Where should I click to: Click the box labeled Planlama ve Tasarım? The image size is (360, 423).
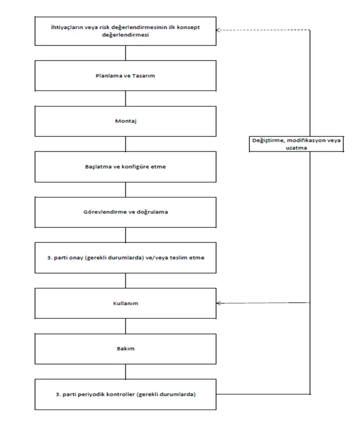tap(125, 76)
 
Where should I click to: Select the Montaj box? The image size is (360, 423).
tap(125, 121)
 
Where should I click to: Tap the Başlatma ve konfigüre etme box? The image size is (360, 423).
tap(125, 167)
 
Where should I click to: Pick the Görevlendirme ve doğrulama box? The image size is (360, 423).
tap(125, 212)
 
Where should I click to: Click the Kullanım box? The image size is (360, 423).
tap(125, 303)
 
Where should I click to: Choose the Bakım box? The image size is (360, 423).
tap(125, 349)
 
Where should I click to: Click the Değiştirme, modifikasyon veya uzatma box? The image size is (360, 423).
tap(297, 144)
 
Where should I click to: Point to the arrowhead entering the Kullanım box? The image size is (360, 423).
tap(219, 303)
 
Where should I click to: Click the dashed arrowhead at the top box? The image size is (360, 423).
tap(218, 30)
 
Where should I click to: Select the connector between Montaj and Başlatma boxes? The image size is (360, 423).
tap(126, 144)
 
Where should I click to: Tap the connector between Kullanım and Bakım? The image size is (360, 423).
tap(126, 326)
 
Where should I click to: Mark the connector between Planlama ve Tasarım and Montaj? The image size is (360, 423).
tap(126, 99)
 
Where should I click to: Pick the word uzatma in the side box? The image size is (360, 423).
tap(297, 148)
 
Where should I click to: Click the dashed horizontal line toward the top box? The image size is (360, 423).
tap(263, 30)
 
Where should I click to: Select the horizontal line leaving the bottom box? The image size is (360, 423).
tap(263, 394)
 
